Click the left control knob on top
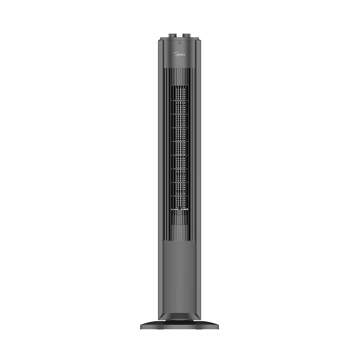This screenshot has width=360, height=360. [173, 36]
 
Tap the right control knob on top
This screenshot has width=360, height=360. [186, 36]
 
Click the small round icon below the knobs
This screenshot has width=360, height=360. [180, 42]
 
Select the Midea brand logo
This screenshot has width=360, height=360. [180, 54]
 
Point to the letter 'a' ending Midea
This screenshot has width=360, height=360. [184, 54]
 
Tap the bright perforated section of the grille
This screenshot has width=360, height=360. [180, 148]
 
